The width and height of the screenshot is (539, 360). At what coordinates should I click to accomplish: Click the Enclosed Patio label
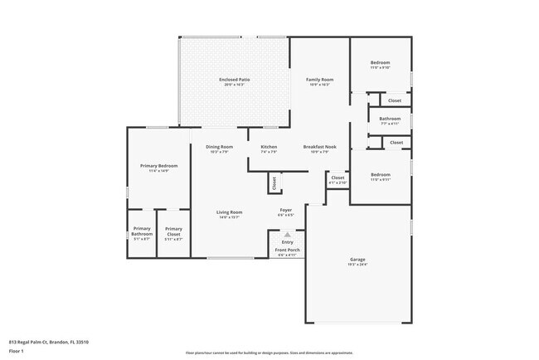pyautogui.click(x=235, y=80)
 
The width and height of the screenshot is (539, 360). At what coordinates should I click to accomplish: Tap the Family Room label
pyautogui.click(x=319, y=80)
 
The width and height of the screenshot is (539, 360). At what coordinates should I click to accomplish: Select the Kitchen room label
pyautogui.click(x=269, y=147)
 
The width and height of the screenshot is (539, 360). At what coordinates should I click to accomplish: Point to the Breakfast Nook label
pyautogui.click(x=319, y=147)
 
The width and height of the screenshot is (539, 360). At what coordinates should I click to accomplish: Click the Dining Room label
pyautogui.click(x=220, y=147)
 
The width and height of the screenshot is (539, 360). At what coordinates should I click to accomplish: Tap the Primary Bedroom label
pyautogui.click(x=158, y=166)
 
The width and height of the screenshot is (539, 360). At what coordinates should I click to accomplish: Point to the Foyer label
pyautogui.click(x=284, y=210)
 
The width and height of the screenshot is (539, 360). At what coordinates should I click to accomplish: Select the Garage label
pyautogui.click(x=357, y=260)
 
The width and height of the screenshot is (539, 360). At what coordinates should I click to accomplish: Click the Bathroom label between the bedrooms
pyautogui.click(x=390, y=119)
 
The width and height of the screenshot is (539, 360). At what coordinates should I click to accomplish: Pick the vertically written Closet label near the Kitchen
pyautogui.click(x=274, y=183)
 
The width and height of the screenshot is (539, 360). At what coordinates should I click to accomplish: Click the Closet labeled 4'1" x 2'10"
pyautogui.click(x=337, y=180)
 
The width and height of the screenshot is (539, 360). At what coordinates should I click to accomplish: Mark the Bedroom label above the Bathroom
pyautogui.click(x=380, y=64)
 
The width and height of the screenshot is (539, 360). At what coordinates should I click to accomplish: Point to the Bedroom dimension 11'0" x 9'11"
pyautogui.click(x=380, y=180)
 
